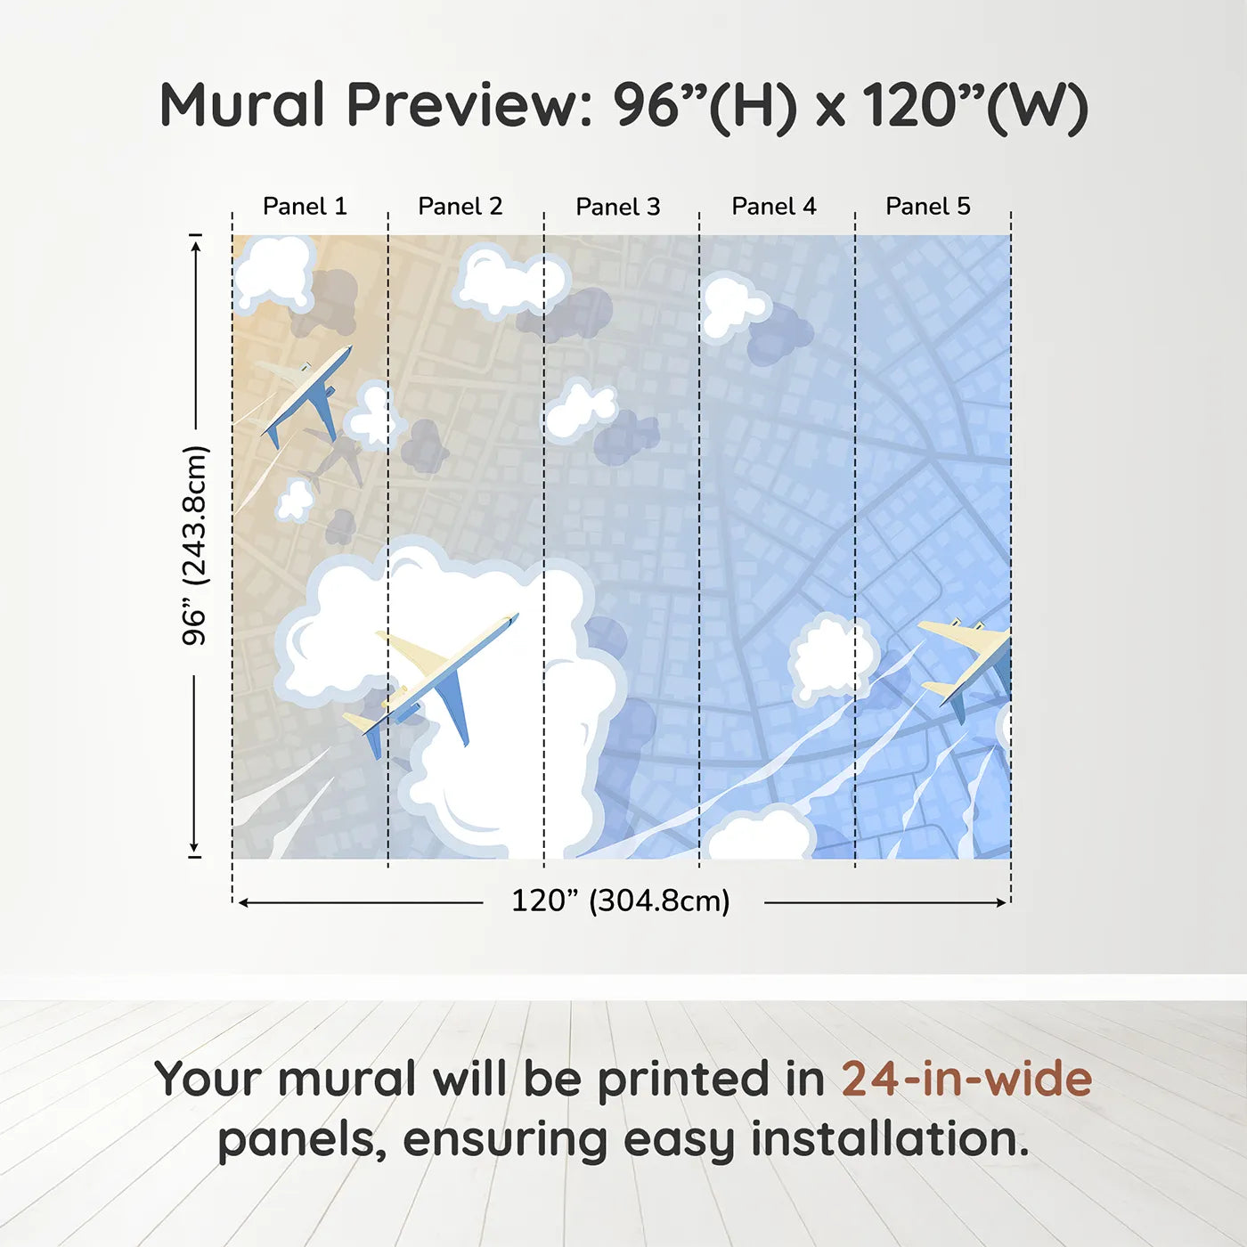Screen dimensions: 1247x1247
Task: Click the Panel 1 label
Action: (x=305, y=207)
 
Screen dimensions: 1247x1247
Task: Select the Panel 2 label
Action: (x=460, y=207)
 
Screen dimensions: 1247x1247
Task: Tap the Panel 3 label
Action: (x=618, y=208)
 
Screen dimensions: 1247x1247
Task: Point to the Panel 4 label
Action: (x=774, y=207)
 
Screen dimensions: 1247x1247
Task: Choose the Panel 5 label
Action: (x=928, y=207)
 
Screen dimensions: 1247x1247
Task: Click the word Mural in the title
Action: (x=242, y=105)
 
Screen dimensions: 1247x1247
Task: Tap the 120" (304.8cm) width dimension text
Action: (x=621, y=901)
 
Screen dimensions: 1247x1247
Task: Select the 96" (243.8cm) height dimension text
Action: (x=195, y=545)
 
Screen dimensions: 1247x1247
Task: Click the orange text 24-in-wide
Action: (x=966, y=1080)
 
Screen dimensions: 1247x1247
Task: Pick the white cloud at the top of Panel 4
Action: (x=732, y=306)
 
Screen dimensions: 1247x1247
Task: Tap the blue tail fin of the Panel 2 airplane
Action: (x=374, y=740)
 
